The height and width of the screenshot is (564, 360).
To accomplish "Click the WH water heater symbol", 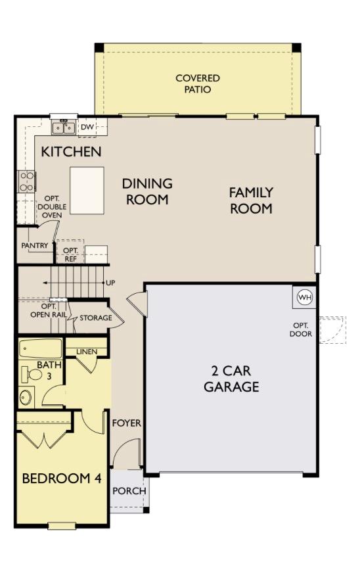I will click(x=304, y=297).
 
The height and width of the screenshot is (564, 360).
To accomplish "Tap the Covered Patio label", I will click(x=197, y=83).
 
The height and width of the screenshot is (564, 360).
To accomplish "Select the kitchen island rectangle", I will click(x=87, y=190).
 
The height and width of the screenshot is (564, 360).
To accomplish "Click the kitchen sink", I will click(x=64, y=127).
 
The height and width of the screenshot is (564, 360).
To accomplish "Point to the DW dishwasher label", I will click(x=87, y=127).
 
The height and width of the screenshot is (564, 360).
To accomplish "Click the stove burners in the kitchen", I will click(x=27, y=181).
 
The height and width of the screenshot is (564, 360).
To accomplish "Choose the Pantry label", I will click(x=34, y=246).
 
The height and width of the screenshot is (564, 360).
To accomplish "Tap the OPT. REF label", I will click(x=70, y=254).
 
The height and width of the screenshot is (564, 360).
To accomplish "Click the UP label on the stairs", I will click(x=112, y=282).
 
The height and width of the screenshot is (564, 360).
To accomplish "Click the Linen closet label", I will click(x=87, y=352).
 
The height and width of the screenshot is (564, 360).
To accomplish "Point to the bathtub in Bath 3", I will click(x=40, y=348).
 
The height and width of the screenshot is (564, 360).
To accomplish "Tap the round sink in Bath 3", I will click(x=27, y=398).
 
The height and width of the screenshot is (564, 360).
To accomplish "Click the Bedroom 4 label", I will click(x=62, y=478).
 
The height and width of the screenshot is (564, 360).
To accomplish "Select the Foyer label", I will click(x=125, y=423).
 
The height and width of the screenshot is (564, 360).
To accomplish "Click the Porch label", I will click(x=129, y=491).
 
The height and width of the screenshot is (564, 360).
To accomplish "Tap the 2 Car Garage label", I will click(x=231, y=379).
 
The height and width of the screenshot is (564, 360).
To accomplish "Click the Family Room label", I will click(x=250, y=200).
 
